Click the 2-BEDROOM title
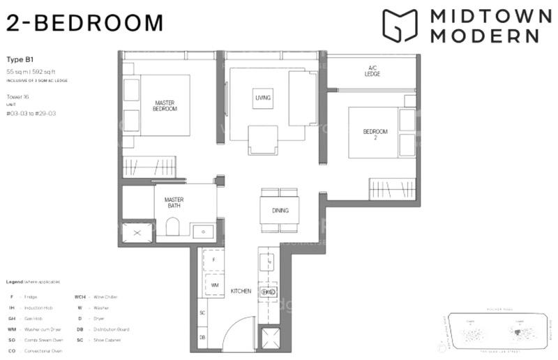click(84, 22)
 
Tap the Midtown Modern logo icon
click(399, 26)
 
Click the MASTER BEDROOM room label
click(165, 106)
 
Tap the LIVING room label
click(262, 98)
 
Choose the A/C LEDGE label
click(372, 71)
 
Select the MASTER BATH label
click(174, 203)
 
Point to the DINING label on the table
click(280, 211)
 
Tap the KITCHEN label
click(241, 291)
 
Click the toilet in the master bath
click(174, 227)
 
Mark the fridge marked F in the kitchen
click(215, 260)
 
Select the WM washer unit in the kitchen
click(215, 285)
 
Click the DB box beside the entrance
click(202, 337)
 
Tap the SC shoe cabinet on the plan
click(202, 313)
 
